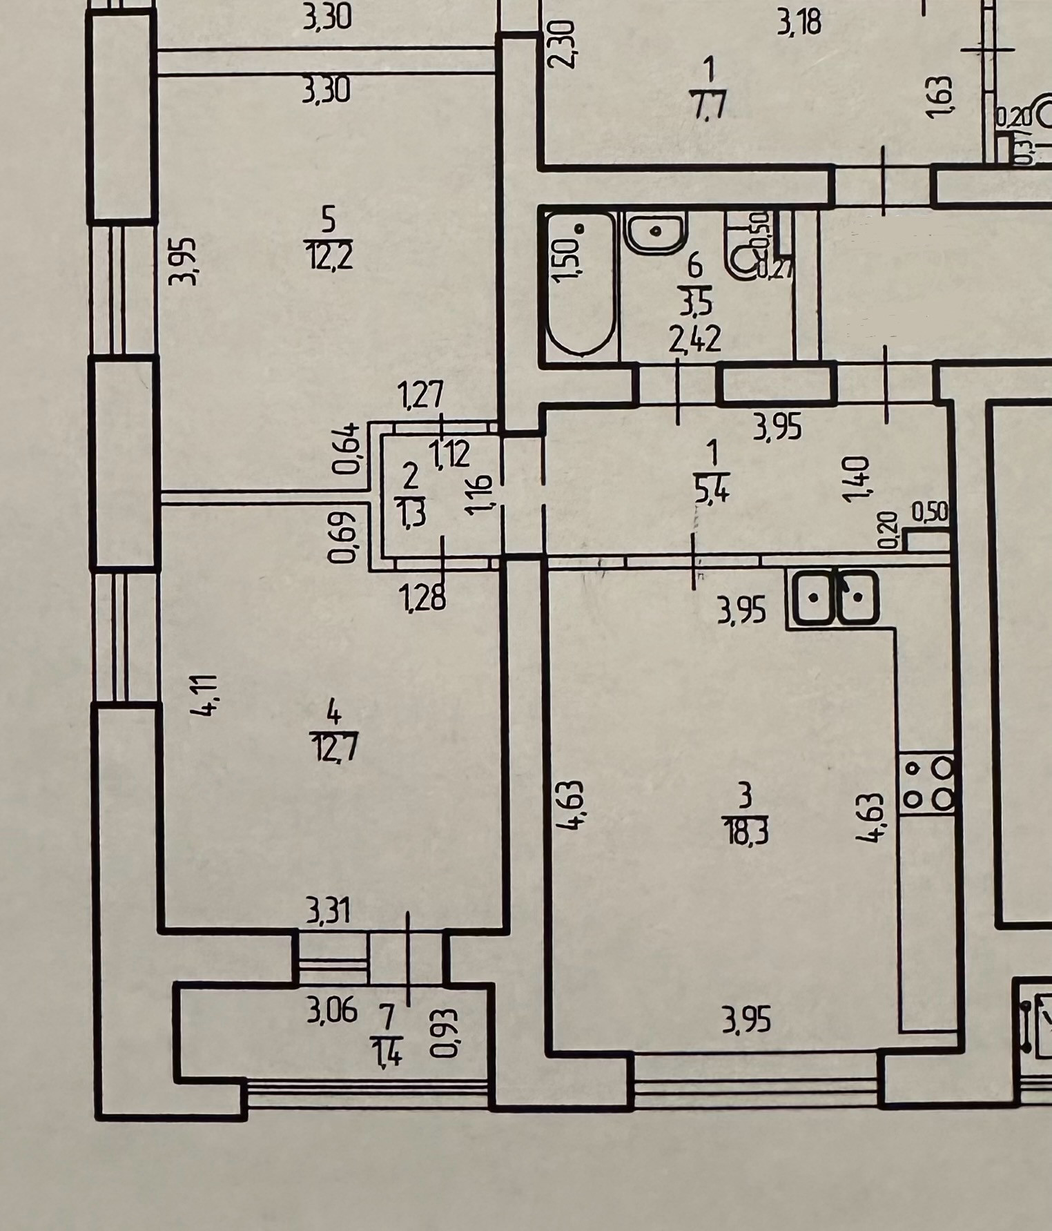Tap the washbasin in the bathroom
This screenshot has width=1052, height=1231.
(x=655, y=231)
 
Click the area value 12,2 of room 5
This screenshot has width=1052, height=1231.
(x=329, y=257)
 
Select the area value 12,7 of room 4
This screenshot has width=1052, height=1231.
(x=334, y=748)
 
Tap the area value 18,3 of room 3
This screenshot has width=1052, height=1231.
(x=746, y=831)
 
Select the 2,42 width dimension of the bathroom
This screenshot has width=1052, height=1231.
(x=696, y=338)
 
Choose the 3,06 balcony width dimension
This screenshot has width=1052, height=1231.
(x=331, y=1012)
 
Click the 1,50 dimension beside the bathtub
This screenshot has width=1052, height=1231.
(x=565, y=260)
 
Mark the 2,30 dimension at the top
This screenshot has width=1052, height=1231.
(x=560, y=43)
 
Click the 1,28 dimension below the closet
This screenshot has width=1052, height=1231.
(x=423, y=597)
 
